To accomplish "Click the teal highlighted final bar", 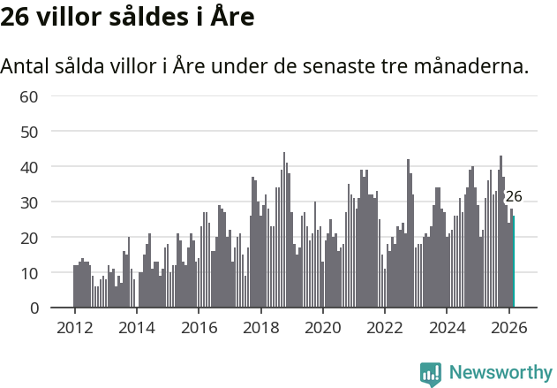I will coord(514,262).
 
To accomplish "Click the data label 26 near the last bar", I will coord(514,197).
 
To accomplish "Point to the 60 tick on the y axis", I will coord(29,95).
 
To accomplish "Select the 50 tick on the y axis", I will coord(29,131).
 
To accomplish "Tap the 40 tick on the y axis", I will coord(29,166).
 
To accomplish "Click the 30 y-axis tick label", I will coord(29,202).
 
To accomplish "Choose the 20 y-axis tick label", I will coord(29,237).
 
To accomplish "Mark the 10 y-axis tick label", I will coord(29,272).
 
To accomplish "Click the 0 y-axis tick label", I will coord(34,308).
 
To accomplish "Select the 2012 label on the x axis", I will coord(74,326).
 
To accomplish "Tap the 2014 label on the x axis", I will coord(136,326).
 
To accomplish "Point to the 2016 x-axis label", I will coord(199,326).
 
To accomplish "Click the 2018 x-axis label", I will coord(260,326).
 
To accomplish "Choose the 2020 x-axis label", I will coord(322,326).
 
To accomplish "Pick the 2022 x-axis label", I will coord(385,326).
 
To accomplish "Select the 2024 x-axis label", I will coord(447,326).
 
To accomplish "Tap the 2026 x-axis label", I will coord(508,326).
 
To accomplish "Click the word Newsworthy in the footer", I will coord(500,373).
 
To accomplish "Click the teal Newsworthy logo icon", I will coord(431,374).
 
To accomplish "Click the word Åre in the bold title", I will coord(231,17).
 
